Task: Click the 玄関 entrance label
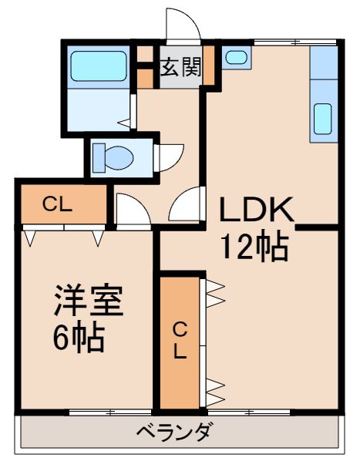181,67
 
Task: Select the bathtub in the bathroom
97,67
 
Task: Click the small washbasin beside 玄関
235,58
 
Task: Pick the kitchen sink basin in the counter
322,117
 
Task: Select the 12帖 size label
255,247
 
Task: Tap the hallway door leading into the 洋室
133,210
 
